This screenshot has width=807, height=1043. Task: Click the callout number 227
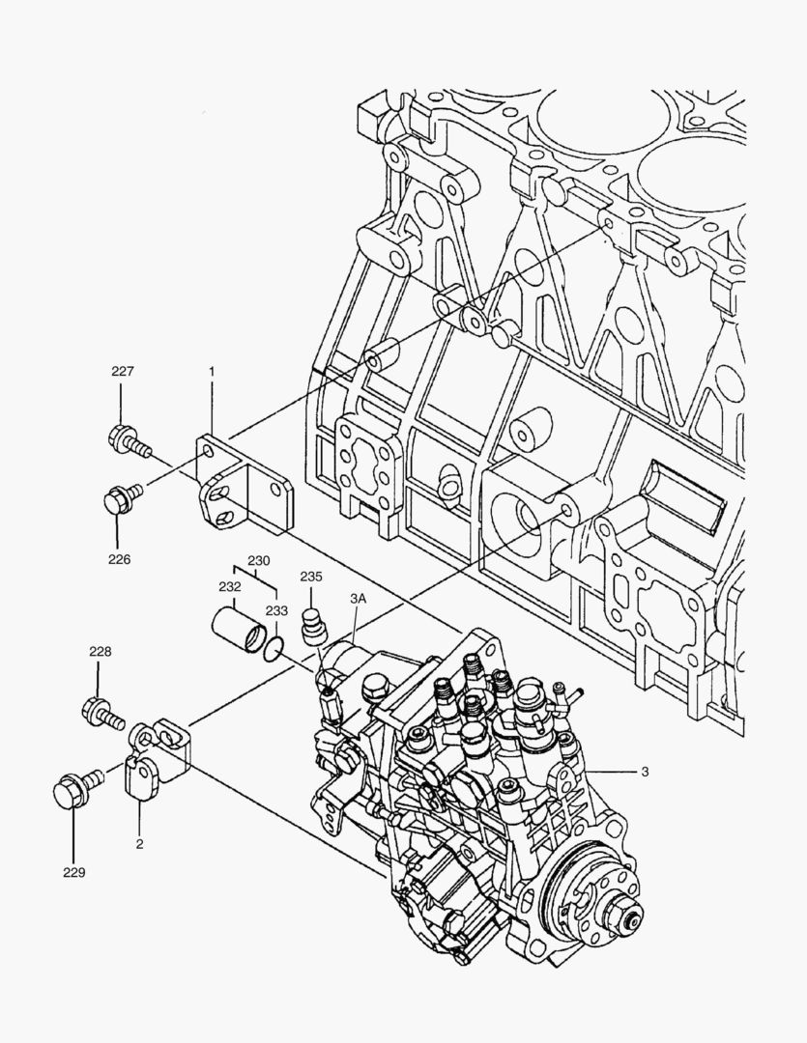pyautogui.click(x=123, y=372)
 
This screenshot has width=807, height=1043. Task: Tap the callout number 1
pyautogui.click(x=211, y=370)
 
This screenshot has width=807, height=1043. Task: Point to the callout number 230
pyautogui.click(x=258, y=559)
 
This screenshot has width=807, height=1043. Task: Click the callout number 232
pyautogui.click(x=229, y=586)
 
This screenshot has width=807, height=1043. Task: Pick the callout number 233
pyautogui.click(x=277, y=610)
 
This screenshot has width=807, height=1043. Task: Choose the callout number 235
pyautogui.click(x=310, y=577)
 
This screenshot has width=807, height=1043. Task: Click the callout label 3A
pyautogui.click(x=358, y=599)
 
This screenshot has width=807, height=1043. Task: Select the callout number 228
pyautogui.click(x=100, y=652)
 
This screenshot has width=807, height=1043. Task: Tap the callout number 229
pyautogui.click(x=74, y=872)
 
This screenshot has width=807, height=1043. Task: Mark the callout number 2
pyautogui.click(x=139, y=844)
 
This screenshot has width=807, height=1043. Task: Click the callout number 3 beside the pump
pyautogui.click(x=644, y=772)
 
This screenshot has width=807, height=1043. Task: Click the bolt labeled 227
pyautogui.click(x=130, y=443)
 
